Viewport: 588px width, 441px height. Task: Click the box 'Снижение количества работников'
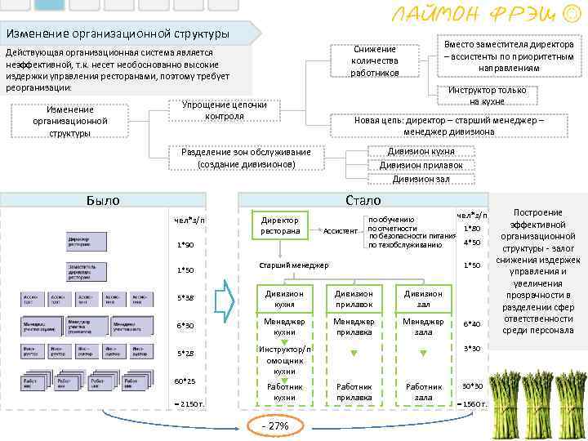[x=374, y=61]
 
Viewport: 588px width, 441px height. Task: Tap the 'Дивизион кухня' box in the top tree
[x=421, y=151]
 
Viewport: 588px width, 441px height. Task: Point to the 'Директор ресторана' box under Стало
[x=279, y=225]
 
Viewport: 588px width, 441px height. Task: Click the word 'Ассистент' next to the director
[x=341, y=231]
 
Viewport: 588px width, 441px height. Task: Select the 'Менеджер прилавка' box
[x=354, y=327]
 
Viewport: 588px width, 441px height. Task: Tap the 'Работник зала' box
[x=423, y=392]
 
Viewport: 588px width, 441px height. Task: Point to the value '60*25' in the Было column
[x=185, y=381]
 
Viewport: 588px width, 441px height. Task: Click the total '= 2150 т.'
[x=189, y=404]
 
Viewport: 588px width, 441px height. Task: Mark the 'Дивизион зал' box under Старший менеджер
[x=423, y=299]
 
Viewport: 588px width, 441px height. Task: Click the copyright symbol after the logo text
[x=574, y=14]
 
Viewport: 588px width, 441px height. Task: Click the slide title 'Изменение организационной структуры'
[x=118, y=34]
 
